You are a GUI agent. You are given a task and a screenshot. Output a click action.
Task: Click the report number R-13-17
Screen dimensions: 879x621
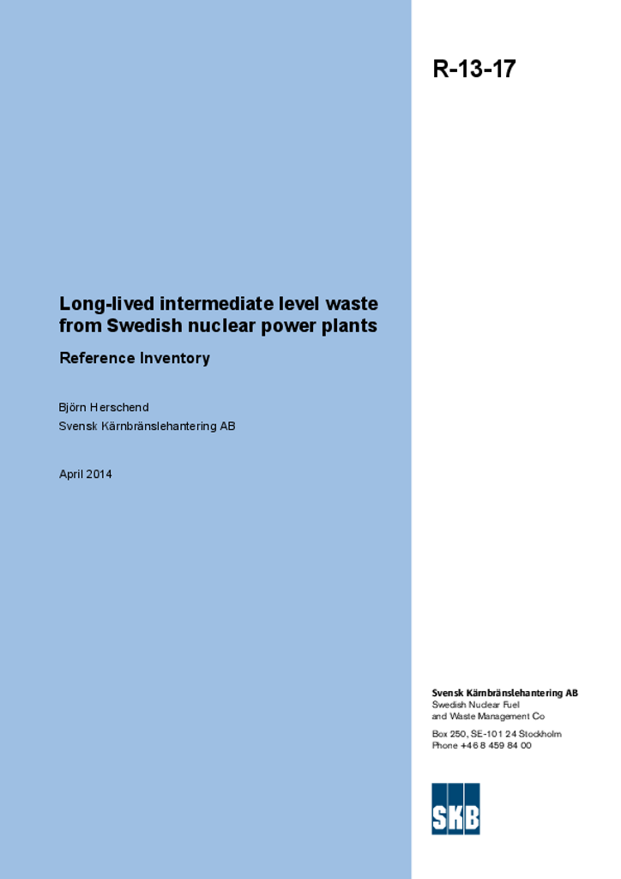tap(474, 70)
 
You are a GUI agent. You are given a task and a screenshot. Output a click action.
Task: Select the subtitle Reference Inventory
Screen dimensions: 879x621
tap(135, 358)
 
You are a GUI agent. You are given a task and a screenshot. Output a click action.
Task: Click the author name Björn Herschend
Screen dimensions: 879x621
tap(104, 407)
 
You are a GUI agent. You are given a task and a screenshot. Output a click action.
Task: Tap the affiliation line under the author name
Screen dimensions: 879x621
tap(147, 426)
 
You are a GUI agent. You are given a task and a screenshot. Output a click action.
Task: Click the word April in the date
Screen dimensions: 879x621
tap(70, 474)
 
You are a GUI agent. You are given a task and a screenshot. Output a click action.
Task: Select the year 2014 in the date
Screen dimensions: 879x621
tap(99, 474)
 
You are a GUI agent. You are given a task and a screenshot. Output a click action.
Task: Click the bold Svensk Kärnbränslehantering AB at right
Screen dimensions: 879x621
tap(504, 693)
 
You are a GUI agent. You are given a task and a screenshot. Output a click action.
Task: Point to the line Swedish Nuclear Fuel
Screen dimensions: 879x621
tap(475, 705)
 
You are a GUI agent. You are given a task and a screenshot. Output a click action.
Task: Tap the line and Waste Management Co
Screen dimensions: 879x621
tap(488, 716)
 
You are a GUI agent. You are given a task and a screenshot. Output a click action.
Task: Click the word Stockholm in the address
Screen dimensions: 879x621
tap(540, 734)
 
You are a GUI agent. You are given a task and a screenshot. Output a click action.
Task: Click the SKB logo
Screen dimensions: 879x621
tap(455, 808)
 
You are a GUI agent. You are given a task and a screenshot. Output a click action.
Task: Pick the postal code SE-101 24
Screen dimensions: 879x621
tap(493, 734)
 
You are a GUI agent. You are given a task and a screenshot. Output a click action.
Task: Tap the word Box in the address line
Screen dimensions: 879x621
tap(440, 734)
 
